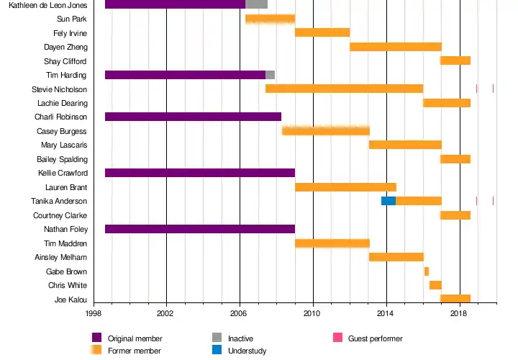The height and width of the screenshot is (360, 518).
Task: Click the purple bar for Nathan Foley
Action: click(x=200, y=229)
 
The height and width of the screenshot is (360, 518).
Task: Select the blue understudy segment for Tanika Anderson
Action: click(x=388, y=201)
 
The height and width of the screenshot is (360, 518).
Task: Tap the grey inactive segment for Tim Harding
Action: click(x=271, y=75)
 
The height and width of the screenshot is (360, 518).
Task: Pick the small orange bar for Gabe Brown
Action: click(x=427, y=271)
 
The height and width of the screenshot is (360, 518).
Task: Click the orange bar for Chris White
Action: click(x=435, y=285)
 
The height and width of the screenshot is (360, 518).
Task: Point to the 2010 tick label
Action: click(x=312, y=314)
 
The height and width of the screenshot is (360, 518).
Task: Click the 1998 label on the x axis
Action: click(x=94, y=314)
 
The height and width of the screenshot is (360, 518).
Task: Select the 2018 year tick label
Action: click(x=460, y=314)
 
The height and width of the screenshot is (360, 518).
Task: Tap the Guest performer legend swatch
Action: click(x=337, y=338)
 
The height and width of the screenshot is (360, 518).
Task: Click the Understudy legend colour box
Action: click(x=217, y=350)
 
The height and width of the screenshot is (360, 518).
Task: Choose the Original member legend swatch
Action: click(x=97, y=338)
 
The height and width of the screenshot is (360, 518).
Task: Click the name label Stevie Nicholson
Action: click(x=60, y=89)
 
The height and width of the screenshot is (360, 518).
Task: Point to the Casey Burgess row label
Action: click(x=62, y=131)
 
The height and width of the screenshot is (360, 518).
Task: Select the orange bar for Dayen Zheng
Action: click(x=396, y=47)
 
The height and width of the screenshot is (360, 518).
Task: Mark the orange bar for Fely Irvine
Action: click(x=322, y=32)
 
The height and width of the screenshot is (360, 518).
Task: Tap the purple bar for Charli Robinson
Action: click(x=193, y=117)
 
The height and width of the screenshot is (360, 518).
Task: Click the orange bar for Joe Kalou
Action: click(x=455, y=299)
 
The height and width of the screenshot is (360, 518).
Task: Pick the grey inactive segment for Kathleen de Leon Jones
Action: click(x=257, y=4)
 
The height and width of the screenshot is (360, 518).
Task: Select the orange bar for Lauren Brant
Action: click(x=345, y=187)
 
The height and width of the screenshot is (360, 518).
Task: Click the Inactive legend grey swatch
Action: click(x=217, y=338)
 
